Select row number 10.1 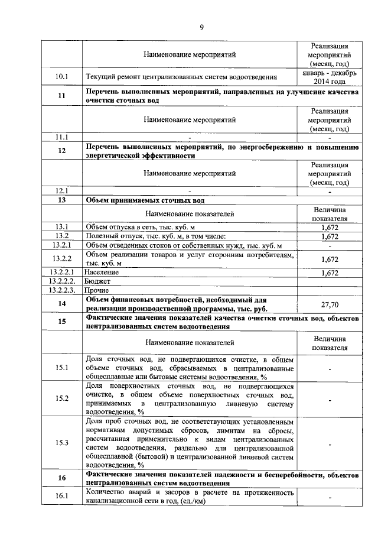[61, 77]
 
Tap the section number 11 [61, 97]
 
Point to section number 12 [61, 151]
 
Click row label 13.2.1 [61, 245]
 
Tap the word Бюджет [99, 281]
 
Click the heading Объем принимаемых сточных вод [145, 201]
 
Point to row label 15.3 [61, 443]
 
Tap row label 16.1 [61, 497]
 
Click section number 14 [61, 304]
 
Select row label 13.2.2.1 [61, 273]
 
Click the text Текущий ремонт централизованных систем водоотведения [181, 77]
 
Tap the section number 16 [61, 478]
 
